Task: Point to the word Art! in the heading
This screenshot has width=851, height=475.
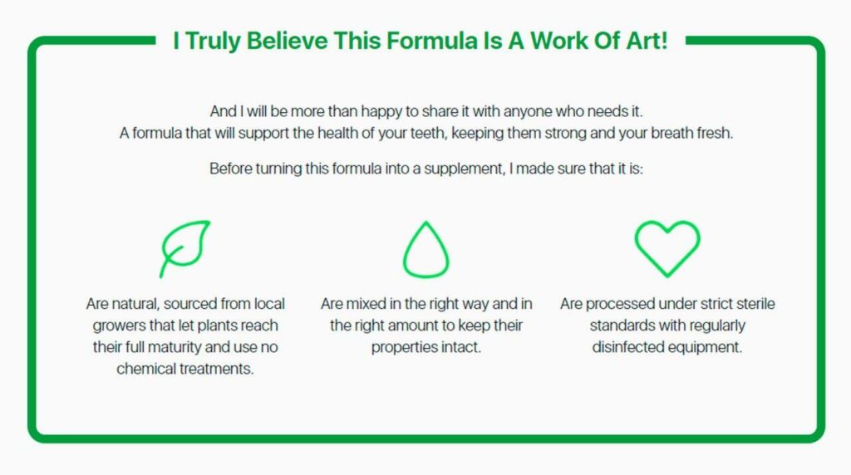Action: (x=647, y=41)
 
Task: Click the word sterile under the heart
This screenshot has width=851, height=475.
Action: (x=755, y=304)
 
